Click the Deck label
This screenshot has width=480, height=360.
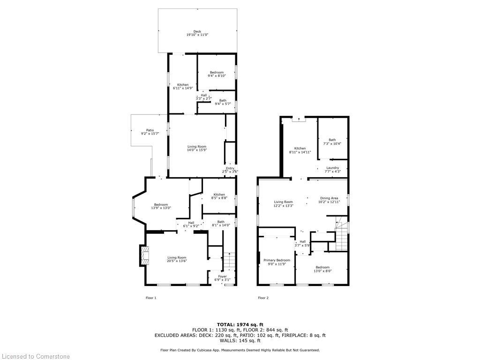[x=197, y=31]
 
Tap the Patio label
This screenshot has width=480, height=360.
[x=150, y=130]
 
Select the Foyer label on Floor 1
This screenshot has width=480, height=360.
[x=222, y=277]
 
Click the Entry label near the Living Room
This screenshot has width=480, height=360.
[x=230, y=169]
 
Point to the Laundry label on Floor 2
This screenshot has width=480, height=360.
[x=332, y=168]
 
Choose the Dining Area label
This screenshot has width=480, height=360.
[x=328, y=198]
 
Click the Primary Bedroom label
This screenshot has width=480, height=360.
[x=277, y=260]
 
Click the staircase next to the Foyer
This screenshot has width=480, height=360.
[x=229, y=261]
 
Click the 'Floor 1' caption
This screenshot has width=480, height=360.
[x=151, y=298]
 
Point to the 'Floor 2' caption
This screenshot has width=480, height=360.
[x=263, y=298]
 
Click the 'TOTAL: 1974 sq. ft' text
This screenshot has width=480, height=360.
[x=240, y=324]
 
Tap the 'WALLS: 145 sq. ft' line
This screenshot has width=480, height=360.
[x=240, y=341]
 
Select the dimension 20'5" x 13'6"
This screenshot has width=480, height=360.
[x=177, y=261]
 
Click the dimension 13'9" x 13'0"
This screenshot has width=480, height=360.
[x=161, y=208]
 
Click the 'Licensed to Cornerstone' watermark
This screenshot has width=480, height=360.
[x=35, y=356]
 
